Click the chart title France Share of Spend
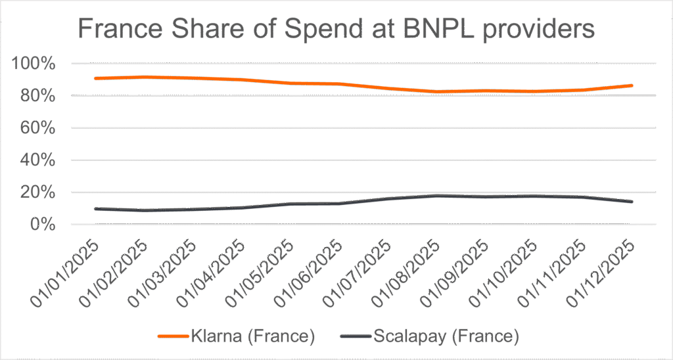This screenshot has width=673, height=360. (x=336, y=29)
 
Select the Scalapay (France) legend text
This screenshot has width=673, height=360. (x=446, y=337)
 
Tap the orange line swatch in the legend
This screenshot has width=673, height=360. (x=174, y=337)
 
